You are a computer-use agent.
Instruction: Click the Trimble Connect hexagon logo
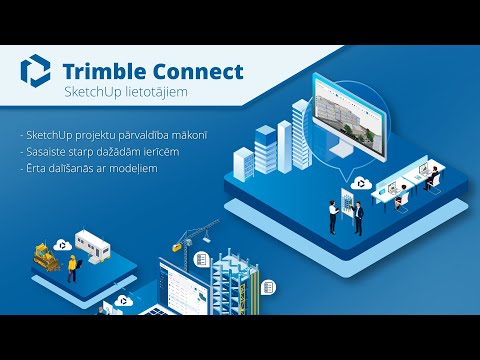[x=35, y=71]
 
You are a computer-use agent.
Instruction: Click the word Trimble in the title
[x=104, y=71]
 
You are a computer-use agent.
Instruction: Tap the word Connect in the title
[x=198, y=72]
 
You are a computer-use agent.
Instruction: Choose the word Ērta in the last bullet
[x=36, y=168]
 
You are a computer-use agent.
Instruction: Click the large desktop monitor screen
[x=349, y=117]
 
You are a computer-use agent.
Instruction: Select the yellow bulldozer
[x=47, y=257]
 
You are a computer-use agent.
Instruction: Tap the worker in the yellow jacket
[x=72, y=269]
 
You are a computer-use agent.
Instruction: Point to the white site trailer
[x=92, y=244]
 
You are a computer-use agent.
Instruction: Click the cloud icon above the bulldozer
[x=63, y=245]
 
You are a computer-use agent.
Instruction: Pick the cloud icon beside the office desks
[x=361, y=183]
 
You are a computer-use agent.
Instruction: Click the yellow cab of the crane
[x=177, y=247]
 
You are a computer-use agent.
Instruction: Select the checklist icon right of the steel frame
[x=268, y=287]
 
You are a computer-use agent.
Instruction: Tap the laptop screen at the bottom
[x=183, y=288]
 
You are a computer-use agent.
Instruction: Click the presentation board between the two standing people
[x=347, y=204]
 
